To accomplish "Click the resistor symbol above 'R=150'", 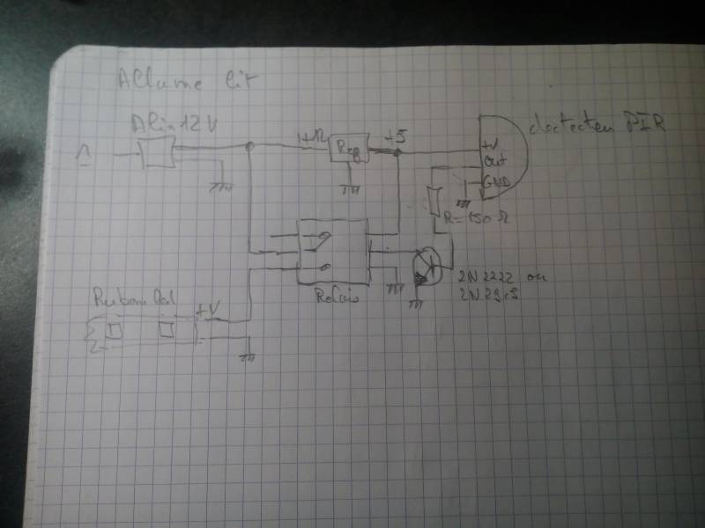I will (x=434, y=202).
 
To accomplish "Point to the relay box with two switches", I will (x=330, y=251).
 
